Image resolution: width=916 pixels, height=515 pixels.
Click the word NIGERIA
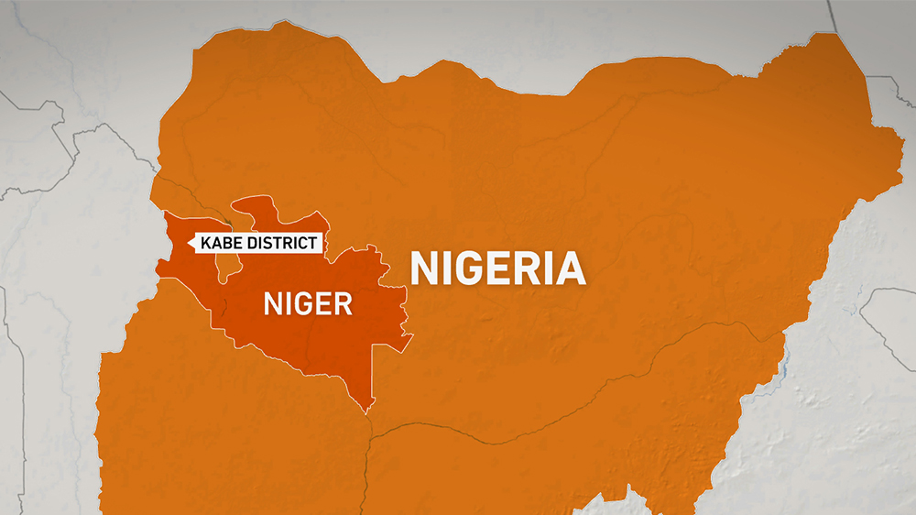tap(497, 268)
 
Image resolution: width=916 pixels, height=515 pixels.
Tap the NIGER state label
tap(307, 303)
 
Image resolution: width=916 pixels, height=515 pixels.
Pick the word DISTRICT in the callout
tap(283, 243)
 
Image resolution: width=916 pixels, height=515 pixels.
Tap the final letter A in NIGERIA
tap(570, 268)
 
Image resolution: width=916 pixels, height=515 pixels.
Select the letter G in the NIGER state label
tap(301, 303)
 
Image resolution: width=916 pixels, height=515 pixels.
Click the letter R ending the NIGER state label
tap(343, 303)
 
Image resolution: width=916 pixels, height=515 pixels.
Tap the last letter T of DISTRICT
tap(313, 243)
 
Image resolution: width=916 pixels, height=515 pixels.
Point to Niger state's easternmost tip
tap(411, 334)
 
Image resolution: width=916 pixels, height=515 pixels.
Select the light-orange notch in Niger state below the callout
tap(229, 266)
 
